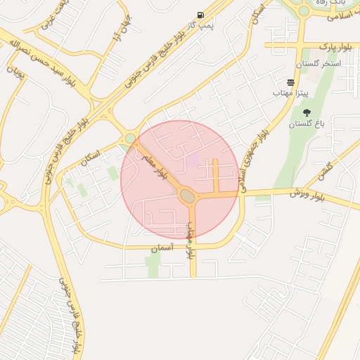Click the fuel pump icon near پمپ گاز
201,15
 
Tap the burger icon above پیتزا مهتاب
290,82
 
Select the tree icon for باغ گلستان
306,112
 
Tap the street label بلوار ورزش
307,195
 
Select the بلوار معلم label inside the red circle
161,162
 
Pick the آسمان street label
162,248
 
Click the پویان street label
15,72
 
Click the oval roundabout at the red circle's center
187,195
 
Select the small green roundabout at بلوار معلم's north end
130,138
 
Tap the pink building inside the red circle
192,160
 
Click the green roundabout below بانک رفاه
304,11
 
